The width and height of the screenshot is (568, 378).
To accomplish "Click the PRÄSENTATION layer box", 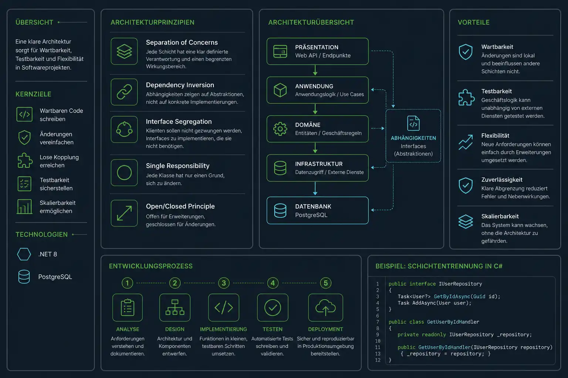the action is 318,51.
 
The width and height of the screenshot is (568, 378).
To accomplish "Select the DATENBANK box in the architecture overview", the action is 318,210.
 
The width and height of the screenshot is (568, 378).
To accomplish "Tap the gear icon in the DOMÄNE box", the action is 280,129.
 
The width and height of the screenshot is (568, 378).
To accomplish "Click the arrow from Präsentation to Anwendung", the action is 315,71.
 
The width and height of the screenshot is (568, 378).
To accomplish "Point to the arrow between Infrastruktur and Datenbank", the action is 315,189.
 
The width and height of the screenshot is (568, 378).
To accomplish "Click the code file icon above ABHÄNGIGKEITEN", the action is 413,123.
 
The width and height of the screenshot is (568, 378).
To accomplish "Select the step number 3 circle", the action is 224,283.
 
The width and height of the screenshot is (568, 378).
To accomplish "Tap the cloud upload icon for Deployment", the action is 325,307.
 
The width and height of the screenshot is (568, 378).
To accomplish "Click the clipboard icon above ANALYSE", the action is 128,307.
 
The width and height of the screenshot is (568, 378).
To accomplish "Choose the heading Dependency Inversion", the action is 180,85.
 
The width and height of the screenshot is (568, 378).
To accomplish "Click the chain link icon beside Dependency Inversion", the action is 124,92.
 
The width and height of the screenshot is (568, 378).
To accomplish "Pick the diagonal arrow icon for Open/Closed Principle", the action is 124,213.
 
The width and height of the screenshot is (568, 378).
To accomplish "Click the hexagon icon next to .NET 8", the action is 24,254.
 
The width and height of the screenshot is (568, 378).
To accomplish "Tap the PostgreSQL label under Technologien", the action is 55,277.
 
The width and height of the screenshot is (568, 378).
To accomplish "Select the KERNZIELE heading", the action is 33,94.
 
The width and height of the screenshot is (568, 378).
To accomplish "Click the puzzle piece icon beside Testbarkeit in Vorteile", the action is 466,97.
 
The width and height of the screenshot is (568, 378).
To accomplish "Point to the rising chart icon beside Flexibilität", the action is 466,142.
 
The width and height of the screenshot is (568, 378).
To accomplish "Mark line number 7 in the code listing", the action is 378,322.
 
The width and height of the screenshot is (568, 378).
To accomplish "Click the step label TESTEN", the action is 273,329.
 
